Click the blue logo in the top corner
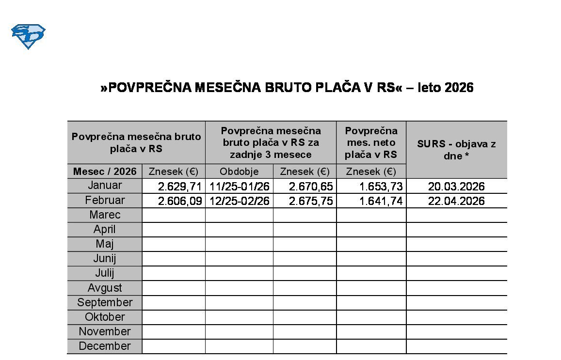pyautogui.click(x=28, y=36)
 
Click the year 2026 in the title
pyautogui.click(x=459, y=88)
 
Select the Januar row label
pyautogui.click(x=105, y=186)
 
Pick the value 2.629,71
pyautogui.click(x=179, y=187)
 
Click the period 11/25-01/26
pyautogui.click(x=239, y=187)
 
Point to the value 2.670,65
pyautogui.click(x=311, y=187)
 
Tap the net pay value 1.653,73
pyautogui.click(x=381, y=187)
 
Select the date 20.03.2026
pyautogui.click(x=456, y=187)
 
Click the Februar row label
pyautogui.click(x=105, y=200)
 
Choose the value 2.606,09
pyautogui.click(x=179, y=201)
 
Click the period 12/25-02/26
pyautogui.click(x=239, y=201)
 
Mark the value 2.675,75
pyautogui.click(x=311, y=201)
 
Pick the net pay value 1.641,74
pyautogui.click(x=381, y=201)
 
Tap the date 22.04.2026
pyautogui.click(x=456, y=201)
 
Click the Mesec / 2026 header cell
pyautogui.click(x=105, y=172)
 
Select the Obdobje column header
pyautogui.click(x=239, y=172)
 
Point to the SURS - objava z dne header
pyautogui.click(x=456, y=150)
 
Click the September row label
pyautogui.click(x=105, y=302)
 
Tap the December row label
pyautogui.click(x=105, y=346)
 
